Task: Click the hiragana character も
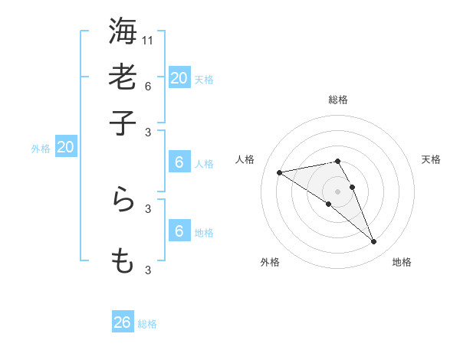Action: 123,261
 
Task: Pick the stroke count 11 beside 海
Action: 148,38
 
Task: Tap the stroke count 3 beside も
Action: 148,270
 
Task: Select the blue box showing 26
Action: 123,322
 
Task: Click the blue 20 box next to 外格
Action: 65,148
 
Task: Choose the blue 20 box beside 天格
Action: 179,78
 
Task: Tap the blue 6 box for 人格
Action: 179,162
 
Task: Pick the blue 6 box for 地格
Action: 179,231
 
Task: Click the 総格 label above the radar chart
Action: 337,100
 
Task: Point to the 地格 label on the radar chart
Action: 402,262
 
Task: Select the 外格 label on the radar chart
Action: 271,262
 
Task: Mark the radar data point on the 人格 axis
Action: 280,172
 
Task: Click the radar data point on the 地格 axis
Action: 374,242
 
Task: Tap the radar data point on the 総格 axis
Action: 337,161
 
